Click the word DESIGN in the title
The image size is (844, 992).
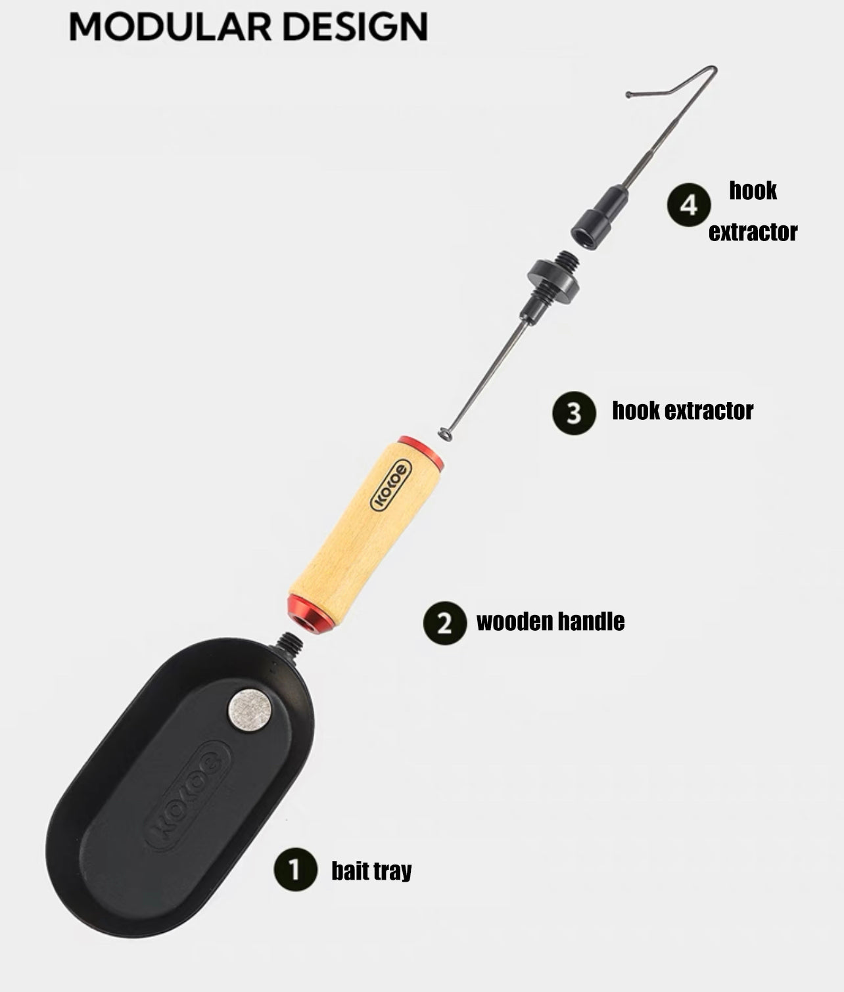355,27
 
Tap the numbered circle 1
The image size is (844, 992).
295,869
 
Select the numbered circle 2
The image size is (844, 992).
444,623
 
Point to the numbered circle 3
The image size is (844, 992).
574,413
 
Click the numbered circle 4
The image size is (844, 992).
689,204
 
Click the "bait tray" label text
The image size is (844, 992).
371,870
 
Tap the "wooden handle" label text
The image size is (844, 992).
550,621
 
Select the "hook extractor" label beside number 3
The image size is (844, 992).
683,411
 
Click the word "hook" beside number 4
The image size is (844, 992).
753,191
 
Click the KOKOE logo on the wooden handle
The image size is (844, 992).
390,485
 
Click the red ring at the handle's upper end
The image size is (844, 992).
421,451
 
